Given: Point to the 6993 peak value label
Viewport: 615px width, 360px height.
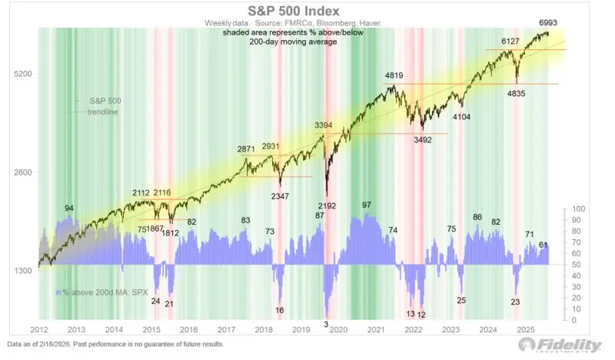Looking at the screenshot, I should pos(548,24).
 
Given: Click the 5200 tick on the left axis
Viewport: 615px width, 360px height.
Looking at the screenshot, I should pos(21,75).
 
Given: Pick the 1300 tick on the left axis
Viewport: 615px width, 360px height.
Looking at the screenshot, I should pos(21,272).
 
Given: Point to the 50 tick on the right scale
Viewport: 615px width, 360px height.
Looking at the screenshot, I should pos(576,265).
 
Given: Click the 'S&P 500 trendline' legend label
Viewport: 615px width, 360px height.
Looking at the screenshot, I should pos(103,106).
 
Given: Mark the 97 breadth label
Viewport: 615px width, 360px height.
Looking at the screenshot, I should pos(366,205).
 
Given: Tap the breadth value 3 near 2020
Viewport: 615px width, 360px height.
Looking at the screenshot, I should pos(326,325).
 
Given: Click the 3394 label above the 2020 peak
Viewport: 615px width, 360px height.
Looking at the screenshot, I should pos(324,125).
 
